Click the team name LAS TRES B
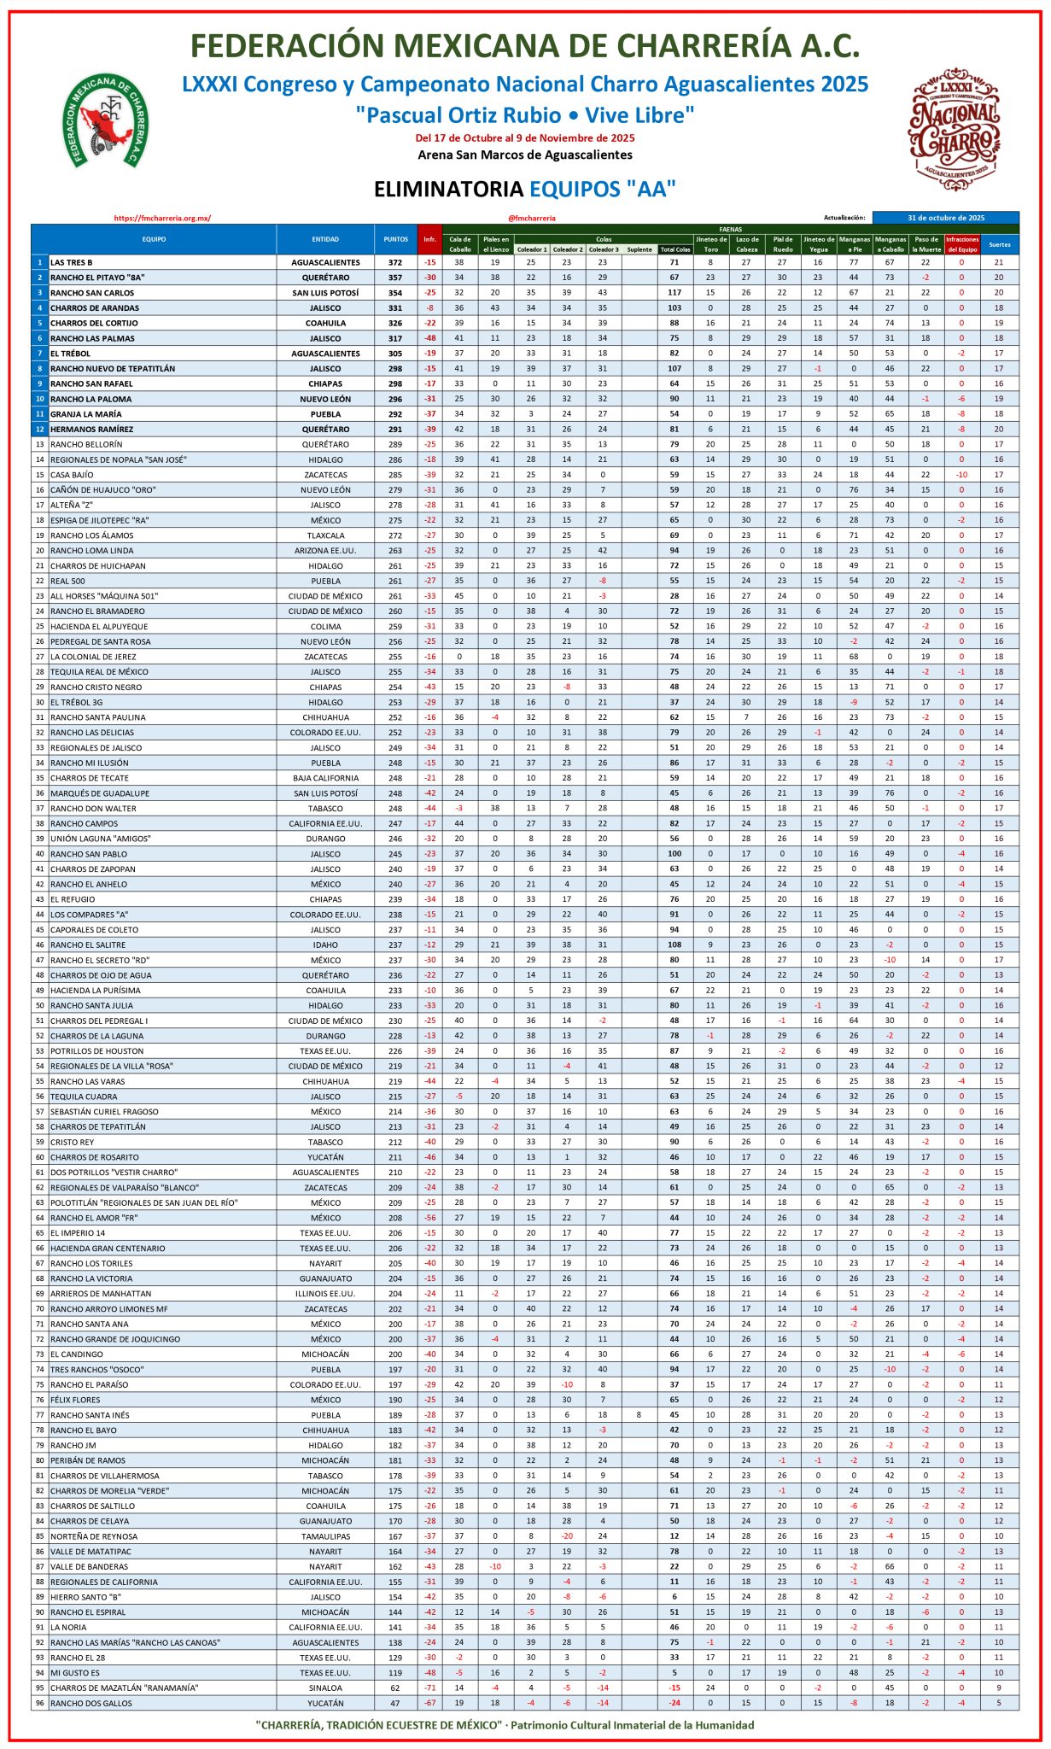[72, 262]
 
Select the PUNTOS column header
[395, 239]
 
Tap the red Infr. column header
[429, 239]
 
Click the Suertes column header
[999, 244]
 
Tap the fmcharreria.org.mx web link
[162, 218]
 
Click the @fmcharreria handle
[531, 218]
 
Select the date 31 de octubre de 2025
[945, 218]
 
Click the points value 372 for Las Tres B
[395, 262]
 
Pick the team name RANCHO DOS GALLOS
[91, 1703]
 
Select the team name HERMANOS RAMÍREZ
[91, 429]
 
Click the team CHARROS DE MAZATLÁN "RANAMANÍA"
[125, 1688]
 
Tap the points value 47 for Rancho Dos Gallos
[395, 1703]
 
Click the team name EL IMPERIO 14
[78, 1233]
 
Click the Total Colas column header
[675, 249]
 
